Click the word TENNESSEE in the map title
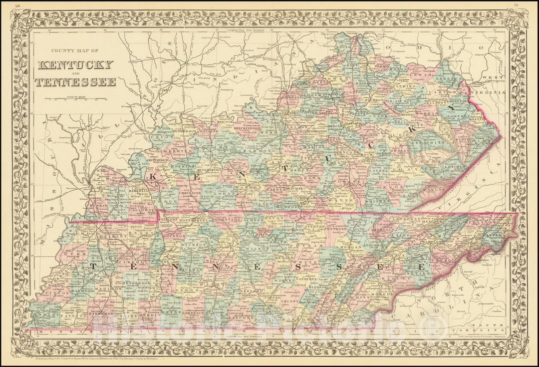point(76,82)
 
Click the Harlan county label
point(433,189)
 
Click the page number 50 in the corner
point(18,5)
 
